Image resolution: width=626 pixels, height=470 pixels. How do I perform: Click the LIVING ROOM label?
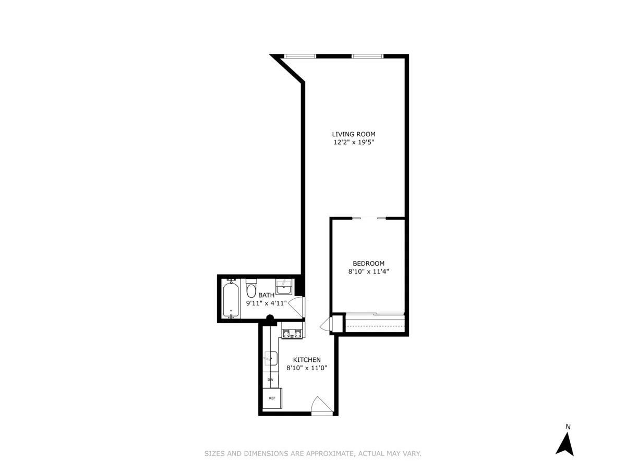pos(354,134)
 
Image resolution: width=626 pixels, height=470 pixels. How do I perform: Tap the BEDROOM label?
pos(368,263)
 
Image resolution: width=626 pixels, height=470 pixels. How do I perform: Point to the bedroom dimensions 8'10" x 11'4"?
pos(368,271)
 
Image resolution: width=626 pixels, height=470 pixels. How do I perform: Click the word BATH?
pos(266,295)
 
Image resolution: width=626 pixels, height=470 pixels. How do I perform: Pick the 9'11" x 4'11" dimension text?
pos(266,303)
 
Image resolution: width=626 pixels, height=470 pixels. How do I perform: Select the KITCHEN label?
pos(306,359)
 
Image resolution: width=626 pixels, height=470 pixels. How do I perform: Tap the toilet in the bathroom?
pos(251,289)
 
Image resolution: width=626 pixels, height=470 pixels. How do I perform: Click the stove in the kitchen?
pos(292,333)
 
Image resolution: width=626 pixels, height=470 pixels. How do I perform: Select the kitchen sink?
pos(270,359)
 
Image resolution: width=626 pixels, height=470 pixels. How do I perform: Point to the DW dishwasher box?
pos(270,380)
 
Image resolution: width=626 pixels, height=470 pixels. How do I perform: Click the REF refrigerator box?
pos(272,398)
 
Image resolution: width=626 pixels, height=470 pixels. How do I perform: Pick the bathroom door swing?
pos(297,307)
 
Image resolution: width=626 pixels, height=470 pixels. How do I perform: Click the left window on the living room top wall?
pos(299,56)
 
